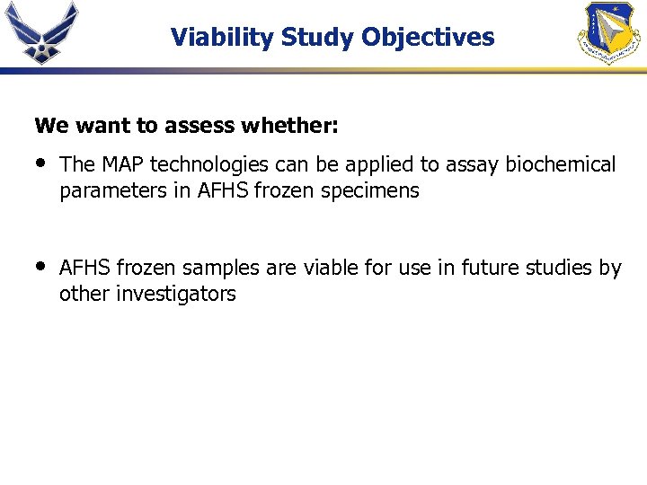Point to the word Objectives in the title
(428, 38)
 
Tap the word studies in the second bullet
(560, 268)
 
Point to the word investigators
(176, 294)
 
